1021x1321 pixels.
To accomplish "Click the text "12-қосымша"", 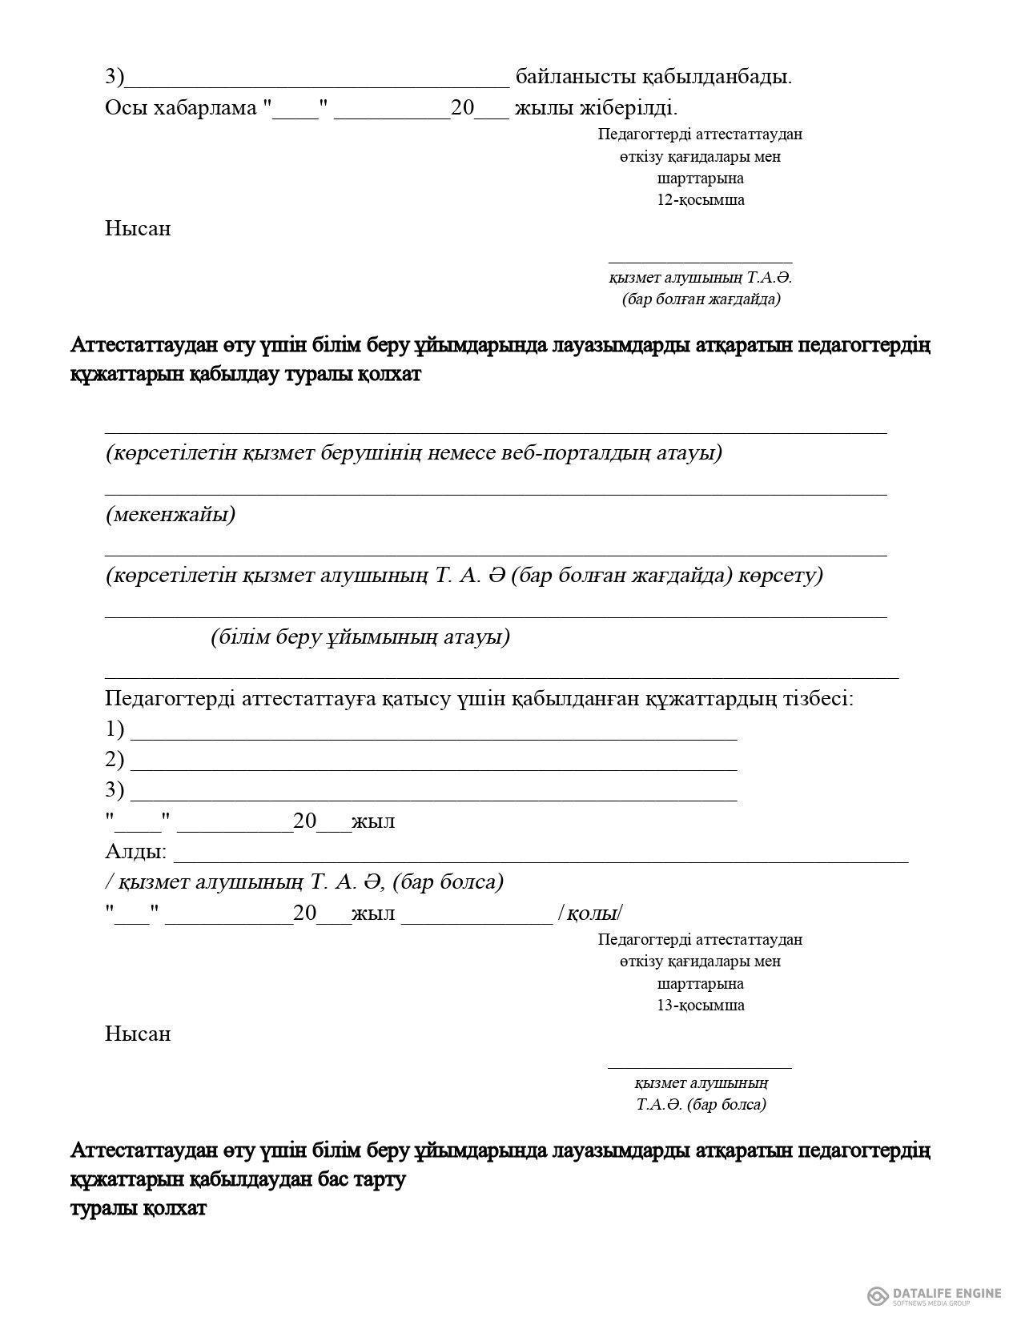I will [701, 200].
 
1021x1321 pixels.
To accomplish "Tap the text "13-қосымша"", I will [701, 1006].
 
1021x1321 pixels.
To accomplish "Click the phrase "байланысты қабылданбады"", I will [653, 77].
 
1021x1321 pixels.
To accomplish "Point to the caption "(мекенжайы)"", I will [171, 514].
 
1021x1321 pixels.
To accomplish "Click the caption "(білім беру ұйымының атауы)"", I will [360, 637].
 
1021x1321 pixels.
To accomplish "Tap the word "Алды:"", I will [136, 851].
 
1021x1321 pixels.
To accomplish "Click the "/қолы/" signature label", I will [590, 913].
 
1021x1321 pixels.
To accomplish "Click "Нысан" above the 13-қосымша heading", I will [138, 1034].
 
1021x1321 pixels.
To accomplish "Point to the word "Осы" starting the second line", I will [124, 107].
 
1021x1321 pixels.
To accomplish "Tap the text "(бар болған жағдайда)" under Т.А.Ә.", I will [701, 299].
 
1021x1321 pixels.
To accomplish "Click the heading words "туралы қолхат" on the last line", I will [139, 1208].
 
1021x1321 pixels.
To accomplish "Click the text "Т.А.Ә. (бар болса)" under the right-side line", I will [701, 1105].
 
